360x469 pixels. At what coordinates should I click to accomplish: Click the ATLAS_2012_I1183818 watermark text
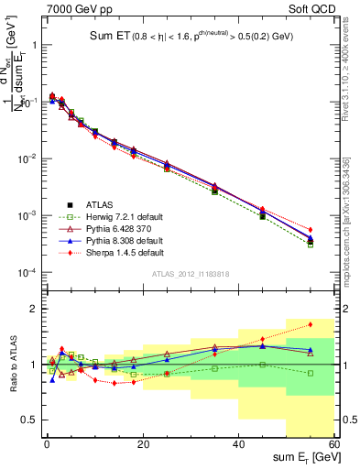point(190,275)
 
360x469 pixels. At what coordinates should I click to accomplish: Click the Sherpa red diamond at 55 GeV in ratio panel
point(311,324)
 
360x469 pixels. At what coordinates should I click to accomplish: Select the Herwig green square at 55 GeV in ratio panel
point(311,373)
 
